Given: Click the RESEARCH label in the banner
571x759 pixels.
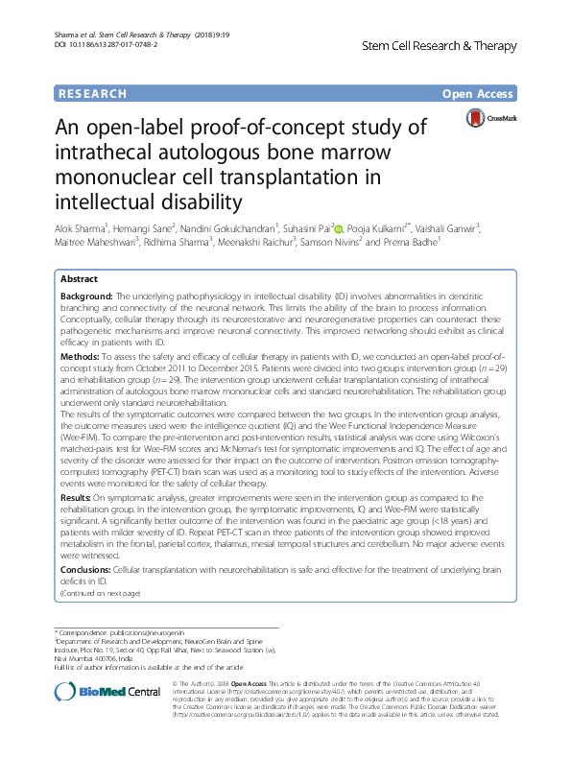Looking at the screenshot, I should (92, 93).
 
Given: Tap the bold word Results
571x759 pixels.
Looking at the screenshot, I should (77, 497).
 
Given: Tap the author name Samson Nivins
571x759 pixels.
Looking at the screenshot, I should (361, 243).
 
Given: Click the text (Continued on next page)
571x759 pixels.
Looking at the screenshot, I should (100, 594).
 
